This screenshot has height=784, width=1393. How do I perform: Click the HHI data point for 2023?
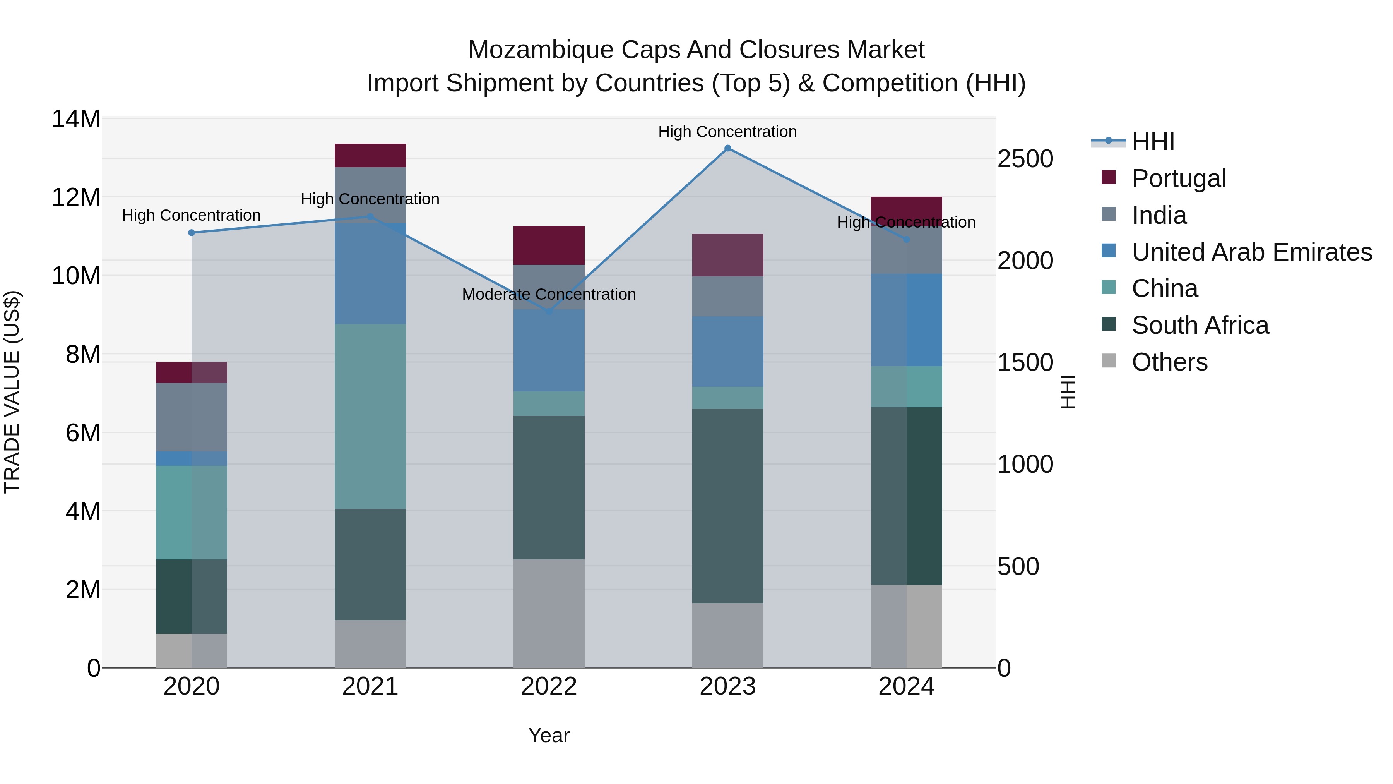point(727,148)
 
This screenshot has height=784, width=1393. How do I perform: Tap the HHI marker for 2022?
point(549,312)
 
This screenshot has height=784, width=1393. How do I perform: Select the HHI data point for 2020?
point(192,233)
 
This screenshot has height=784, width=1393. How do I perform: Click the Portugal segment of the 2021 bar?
point(370,155)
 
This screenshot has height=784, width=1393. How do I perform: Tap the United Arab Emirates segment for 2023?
point(727,351)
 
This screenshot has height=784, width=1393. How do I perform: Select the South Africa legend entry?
point(1200,326)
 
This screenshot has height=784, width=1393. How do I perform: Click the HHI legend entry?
point(1152,142)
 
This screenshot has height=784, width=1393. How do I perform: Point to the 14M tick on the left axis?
point(76,119)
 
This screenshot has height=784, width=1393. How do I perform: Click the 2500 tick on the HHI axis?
point(1025,159)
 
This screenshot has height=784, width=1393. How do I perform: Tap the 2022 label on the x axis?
point(549,686)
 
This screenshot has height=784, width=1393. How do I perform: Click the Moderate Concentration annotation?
point(549,294)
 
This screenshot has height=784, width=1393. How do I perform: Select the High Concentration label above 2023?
point(727,132)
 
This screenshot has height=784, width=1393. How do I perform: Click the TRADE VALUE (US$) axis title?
point(12,392)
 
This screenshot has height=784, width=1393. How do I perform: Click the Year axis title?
point(549,735)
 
